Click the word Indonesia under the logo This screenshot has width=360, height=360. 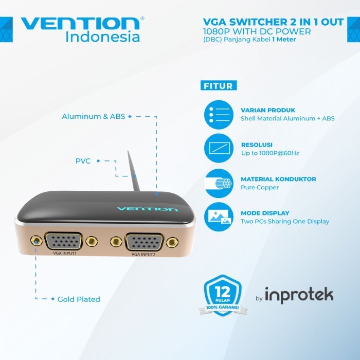103,37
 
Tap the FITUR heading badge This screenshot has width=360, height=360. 219,86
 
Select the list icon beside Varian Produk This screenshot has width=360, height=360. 219,114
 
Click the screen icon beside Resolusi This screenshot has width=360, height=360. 219,149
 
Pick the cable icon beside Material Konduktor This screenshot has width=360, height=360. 219,183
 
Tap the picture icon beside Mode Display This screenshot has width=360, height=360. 219,217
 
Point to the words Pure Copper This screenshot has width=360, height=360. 260,188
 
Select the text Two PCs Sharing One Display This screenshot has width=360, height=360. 285,222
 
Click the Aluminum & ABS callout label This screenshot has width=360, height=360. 94,116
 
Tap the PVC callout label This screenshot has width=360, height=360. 83,161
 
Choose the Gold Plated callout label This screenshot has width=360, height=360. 79,299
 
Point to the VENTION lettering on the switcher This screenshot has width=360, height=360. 147,209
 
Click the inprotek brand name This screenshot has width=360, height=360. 299,295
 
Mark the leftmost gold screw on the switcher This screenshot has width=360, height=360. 35,241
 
